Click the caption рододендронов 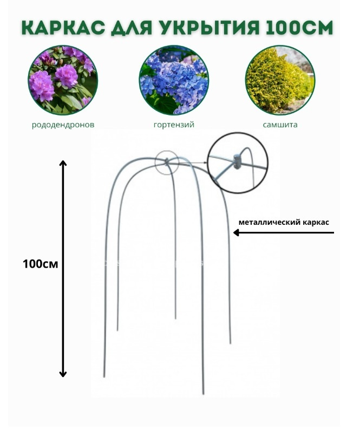pyautogui.click(x=63, y=125)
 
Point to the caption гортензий pyautogui.click(x=174, y=125)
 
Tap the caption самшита pyautogui.click(x=280, y=125)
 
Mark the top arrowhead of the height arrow pyautogui.click(x=63, y=163)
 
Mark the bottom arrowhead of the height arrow pyautogui.click(x=63, y=373)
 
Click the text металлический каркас pyautogui.click(x=284, y=222)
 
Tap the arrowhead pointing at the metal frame pyautogui.click(x=237, y=232)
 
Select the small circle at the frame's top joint pyautogui.click(x=167, y=161)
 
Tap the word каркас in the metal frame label pyautogui.click(x=316, y=222)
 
